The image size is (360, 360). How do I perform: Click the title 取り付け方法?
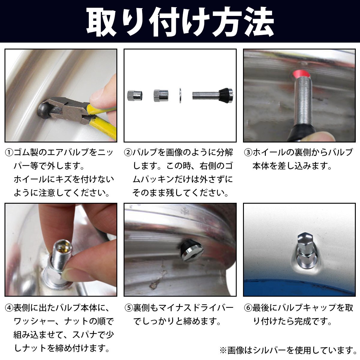click(180, 22)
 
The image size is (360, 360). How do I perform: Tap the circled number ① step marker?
click(9, 153)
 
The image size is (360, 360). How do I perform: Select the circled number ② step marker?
click(128, 153)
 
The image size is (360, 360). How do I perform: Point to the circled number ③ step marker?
click(248, 153)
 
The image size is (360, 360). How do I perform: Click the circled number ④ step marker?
click(9, 308)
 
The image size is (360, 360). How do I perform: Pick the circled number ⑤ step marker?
click(129, 308)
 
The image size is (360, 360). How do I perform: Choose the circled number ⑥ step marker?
click(248, 308)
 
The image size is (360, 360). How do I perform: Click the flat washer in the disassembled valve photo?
click(180, 95)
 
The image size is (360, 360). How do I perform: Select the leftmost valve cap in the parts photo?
click(135, 96)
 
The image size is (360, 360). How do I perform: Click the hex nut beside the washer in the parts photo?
click(161, 96)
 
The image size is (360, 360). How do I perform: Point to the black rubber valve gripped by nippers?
click(44, 112)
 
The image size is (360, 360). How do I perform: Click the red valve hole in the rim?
click(301, 74)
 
